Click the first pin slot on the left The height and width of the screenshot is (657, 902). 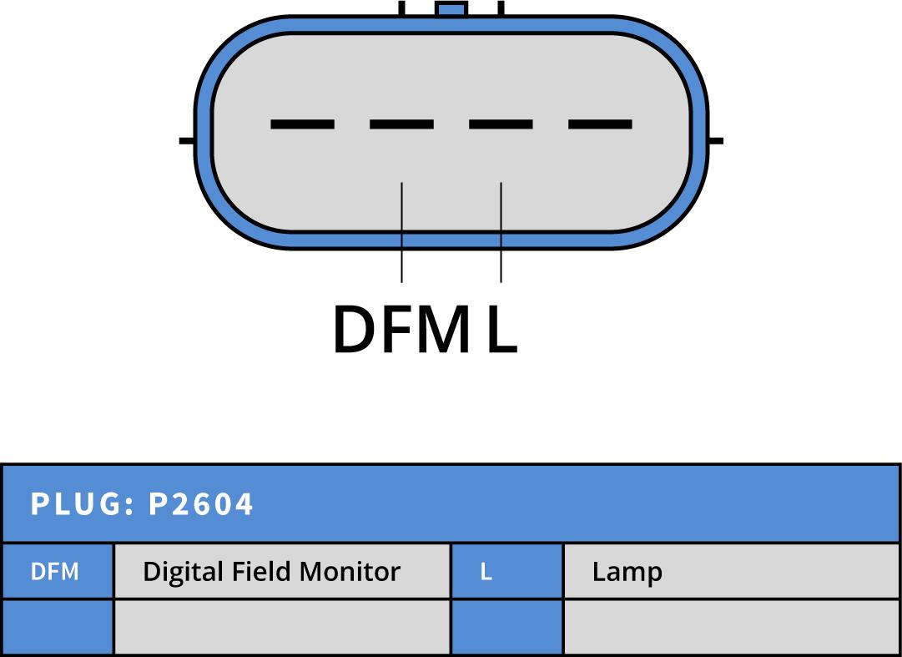tap(302, 124)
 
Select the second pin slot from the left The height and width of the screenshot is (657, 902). tap(401, 124)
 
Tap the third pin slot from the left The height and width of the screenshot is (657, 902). tap(501, 124)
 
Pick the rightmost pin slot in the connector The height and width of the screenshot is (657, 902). tap(600, 124)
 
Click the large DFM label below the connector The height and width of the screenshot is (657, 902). tap(401, 330)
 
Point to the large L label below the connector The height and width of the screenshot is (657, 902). tap(501, 330)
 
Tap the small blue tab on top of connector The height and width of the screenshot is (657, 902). tap(451, 9)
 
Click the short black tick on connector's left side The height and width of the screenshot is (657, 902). tap(188, 140)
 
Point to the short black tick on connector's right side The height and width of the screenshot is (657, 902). tap(715, 140)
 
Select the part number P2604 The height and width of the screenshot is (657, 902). tap(200, 504)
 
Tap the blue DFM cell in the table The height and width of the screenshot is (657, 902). tap(56, 572)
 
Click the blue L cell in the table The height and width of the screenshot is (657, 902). tap(506, 572)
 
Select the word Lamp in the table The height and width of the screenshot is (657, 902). tap(627, 573)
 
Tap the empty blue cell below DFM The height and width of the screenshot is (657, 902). tap(56, 627)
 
